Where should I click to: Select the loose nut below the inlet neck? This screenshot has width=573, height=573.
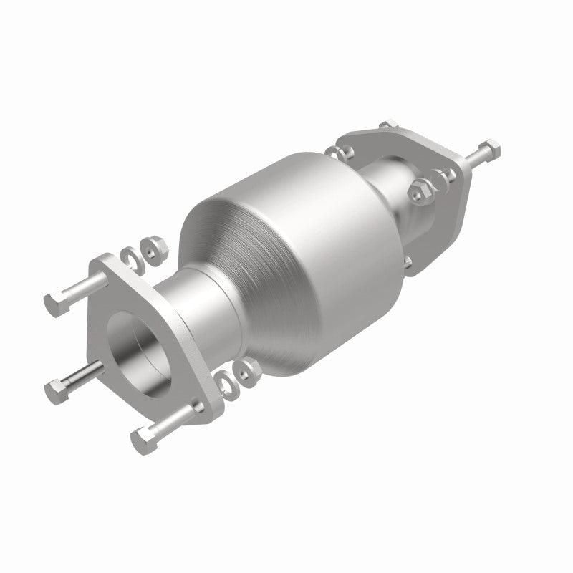(249, 370)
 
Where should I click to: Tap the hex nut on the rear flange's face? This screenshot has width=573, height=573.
(418, 191)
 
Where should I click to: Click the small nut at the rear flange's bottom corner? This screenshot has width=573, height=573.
(406, 263)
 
